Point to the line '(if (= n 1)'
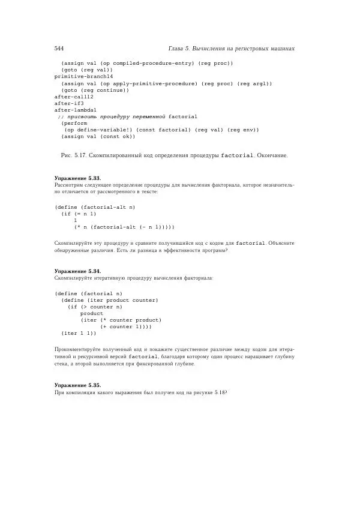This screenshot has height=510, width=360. pyautogui.click(x=79, y=214)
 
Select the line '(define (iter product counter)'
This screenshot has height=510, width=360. pyautogui.click(x=109, y=300)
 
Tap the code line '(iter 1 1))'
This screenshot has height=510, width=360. pyautogui.click(x=79, y=333)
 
